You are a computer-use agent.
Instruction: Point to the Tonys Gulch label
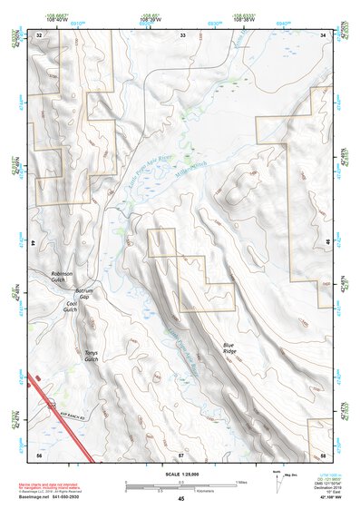click(91, 356)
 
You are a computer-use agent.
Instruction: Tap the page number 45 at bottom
click(180, 499)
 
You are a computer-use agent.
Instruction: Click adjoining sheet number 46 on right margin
click(326, 242)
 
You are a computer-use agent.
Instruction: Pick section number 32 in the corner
click(39, 34)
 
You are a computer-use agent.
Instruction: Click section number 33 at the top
click(182, 34)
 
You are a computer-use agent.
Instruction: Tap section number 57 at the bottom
click(180, 453)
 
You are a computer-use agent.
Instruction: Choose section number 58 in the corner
click(323, 453)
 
